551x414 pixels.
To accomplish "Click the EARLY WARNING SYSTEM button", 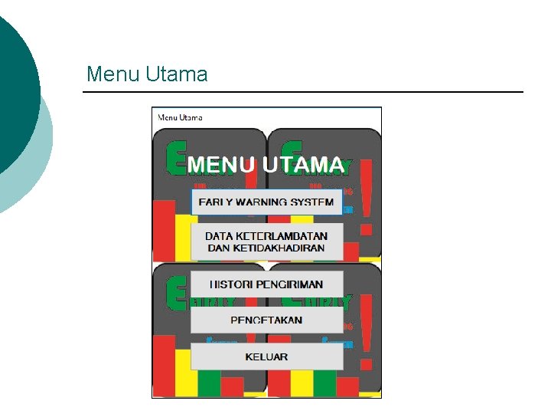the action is pos(266,202).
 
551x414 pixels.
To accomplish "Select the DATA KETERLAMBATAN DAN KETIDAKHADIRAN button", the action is pos(266,242).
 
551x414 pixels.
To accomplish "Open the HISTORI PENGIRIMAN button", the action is pos(266,284).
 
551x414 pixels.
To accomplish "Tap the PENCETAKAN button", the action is pos(266,320).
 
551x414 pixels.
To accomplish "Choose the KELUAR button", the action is pos(266,356).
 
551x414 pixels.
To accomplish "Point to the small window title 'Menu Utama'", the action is pos(181,117).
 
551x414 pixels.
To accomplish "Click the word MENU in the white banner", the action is pos(221,165).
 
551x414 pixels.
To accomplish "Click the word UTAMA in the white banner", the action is pos(303,165).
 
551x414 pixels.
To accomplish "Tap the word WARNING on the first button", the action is pos(266,202).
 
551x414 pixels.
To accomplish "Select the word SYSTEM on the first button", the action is pos(313,202).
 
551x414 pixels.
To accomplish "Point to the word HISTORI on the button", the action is pos(231,284).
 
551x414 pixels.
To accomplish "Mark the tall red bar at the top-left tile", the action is pos(164,230).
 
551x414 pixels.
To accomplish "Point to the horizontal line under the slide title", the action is pos(303,93).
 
